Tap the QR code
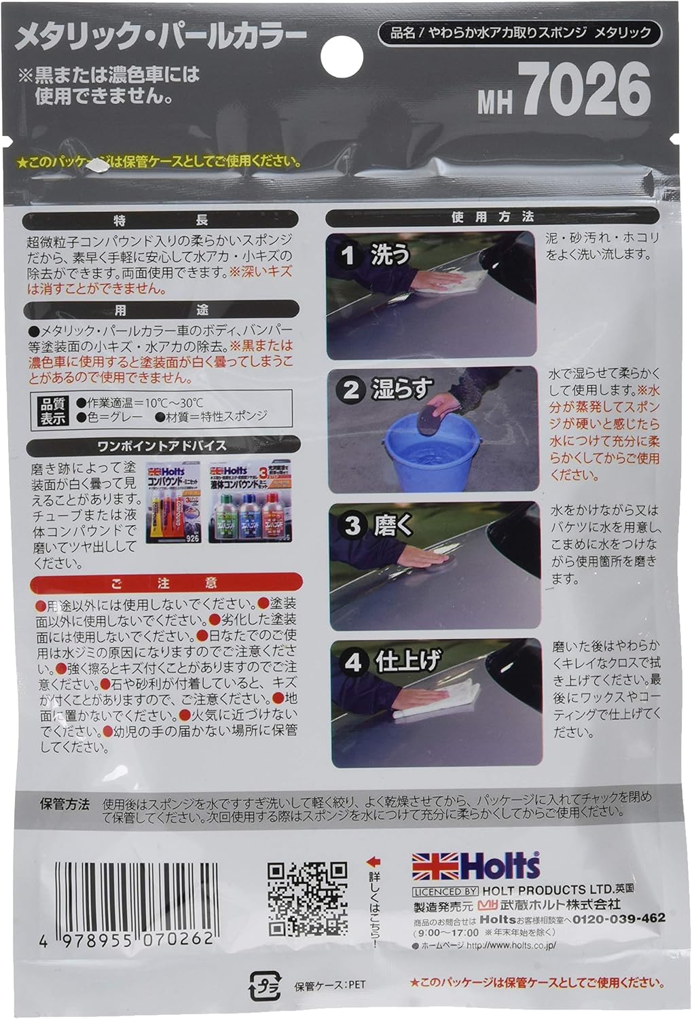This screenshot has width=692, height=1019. [x=307, y=898]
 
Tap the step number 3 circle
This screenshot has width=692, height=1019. [x=351, y=525]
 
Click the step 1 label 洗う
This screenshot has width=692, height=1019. [x=389, y=255]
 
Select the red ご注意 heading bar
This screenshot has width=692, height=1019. [x=164, y=583]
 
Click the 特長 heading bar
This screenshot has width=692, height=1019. [x=160, y=220]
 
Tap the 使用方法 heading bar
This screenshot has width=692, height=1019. [x=492, y=217]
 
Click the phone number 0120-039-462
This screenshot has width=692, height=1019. [x=619, y=918]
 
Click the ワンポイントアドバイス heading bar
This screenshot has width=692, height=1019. [x=162, y=446]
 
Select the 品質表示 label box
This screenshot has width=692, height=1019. [x=54, y=410]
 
